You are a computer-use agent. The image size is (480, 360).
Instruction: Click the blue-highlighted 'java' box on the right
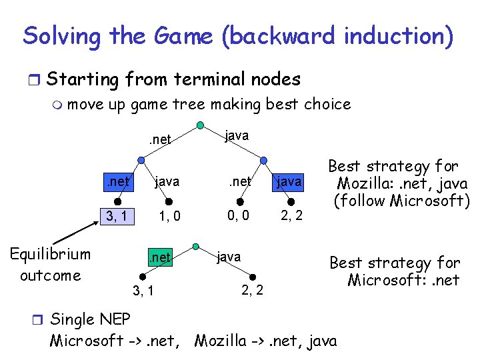coord(288,181)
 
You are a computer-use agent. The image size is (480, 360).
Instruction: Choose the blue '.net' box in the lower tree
coord(160,256)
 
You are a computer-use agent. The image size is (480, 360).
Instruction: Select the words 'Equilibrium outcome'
coord(50,265)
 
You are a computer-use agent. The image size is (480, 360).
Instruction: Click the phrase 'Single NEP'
coord(91,318)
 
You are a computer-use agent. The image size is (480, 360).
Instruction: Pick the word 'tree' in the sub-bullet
coord(187,104)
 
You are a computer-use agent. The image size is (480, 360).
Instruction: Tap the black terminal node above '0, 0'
coord(241,201)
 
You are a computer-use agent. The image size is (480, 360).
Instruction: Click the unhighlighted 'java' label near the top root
coord(237,135)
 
